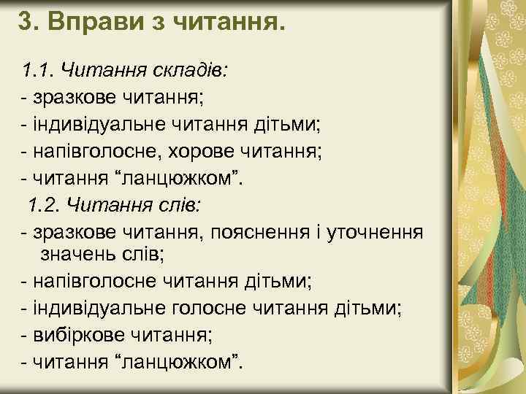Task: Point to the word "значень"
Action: tap(78, 252)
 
